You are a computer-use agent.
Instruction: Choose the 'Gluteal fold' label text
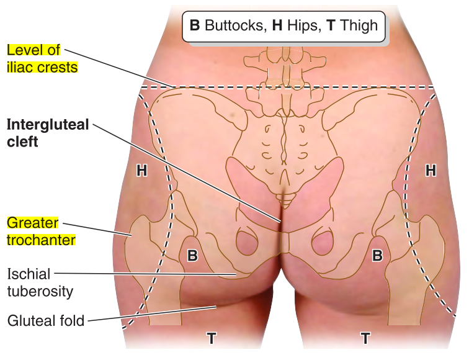tap(45, 321)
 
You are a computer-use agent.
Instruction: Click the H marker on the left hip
tap(141, 170)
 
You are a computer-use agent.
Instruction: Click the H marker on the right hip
tap(430, 170)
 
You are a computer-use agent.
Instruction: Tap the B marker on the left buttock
tap(192, 255)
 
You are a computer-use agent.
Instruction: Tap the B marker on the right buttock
tap(377, 255)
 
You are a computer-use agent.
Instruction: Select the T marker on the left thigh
tap(212, 338)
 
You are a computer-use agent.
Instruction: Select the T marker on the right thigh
tap(365, 338)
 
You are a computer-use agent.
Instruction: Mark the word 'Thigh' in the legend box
tap(356, 25)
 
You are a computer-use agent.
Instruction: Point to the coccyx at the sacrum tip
tap(285, 200)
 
